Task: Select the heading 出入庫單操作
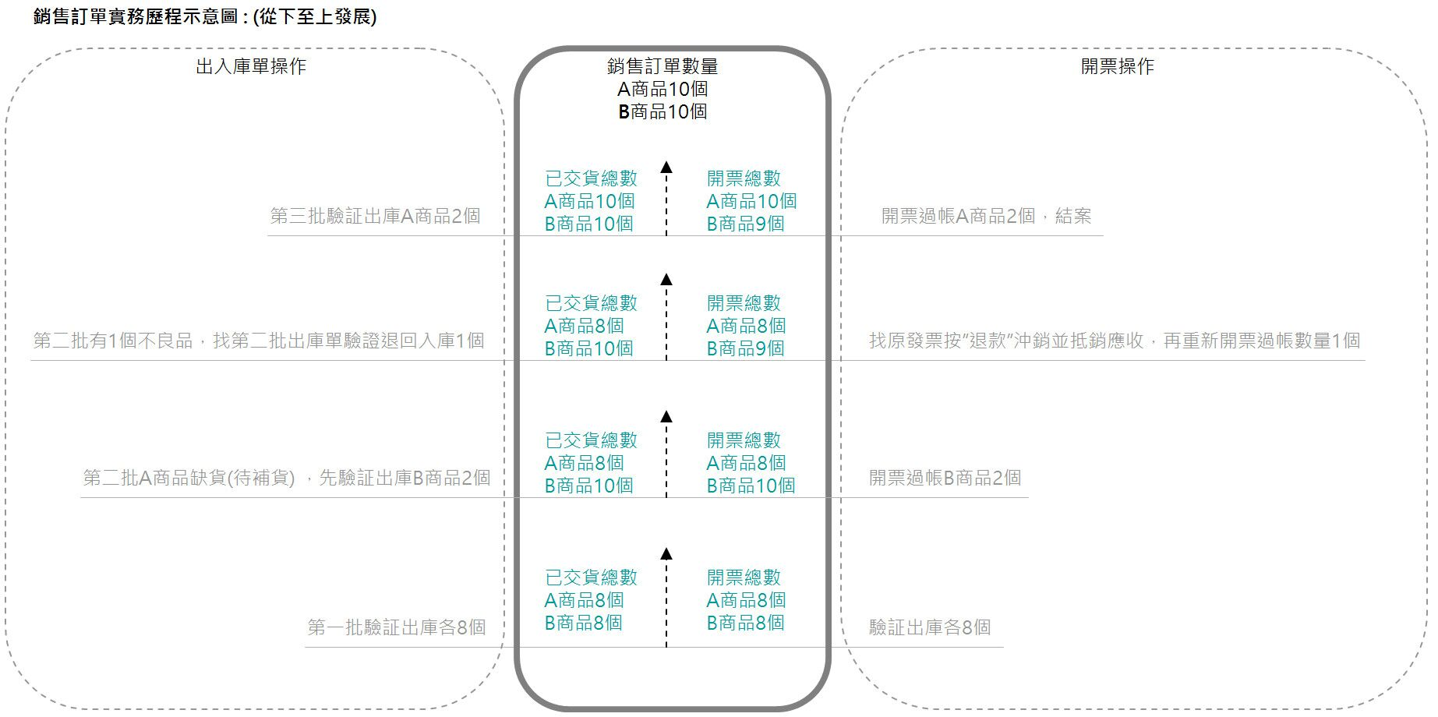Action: tap(251, 66)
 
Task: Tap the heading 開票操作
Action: tap(1117, 66)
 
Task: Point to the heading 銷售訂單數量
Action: tap(662, 67)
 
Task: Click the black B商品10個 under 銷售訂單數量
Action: tap(662, 112)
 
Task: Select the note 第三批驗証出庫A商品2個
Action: tap(375, 216)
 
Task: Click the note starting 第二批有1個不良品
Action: tap(259, 341)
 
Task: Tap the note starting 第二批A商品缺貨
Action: tap(287, 478)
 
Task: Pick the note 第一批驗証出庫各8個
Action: tap(397, 627)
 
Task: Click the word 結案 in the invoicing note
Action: tap(1073, 216)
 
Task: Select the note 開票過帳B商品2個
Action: tap(945, 478)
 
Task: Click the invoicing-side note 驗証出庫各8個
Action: tap(930, 627)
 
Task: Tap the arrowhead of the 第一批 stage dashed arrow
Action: tap(666, 554)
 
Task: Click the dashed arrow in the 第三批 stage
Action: tap(666, 198)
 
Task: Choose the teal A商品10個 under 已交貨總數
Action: tap(589, 201)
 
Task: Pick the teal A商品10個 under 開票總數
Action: tap(751, 201)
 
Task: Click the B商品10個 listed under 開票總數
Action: tap(751, 486)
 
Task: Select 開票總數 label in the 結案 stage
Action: tap(744, 178)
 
